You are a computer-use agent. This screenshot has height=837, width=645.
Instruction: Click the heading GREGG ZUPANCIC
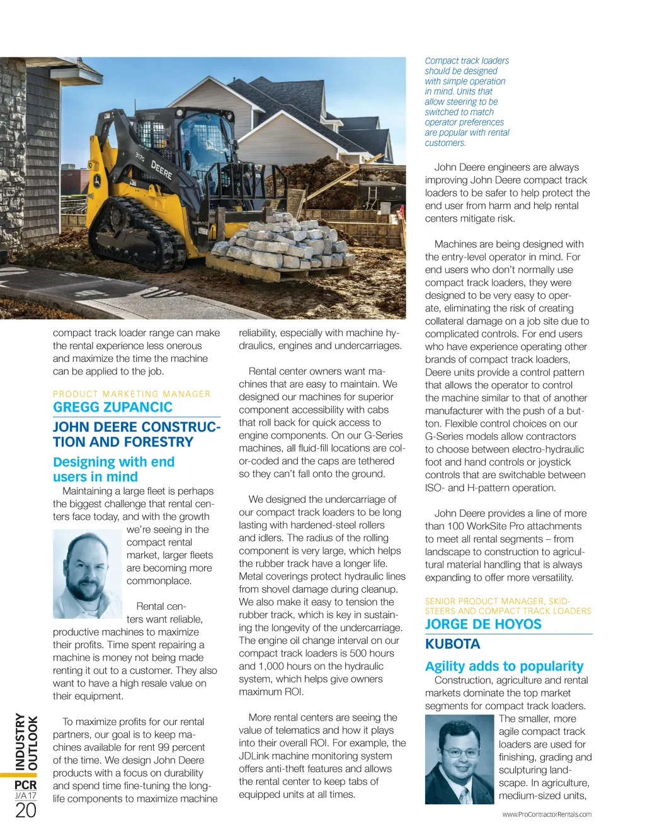tap(113, 407)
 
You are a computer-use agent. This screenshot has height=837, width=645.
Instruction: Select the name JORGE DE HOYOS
tap(483, 624)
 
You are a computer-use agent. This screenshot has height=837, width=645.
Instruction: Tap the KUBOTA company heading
tap(452, 644)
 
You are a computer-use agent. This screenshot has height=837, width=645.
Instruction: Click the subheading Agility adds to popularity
tap(504, 666)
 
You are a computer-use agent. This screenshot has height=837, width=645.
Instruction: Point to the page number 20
tap(26, 811)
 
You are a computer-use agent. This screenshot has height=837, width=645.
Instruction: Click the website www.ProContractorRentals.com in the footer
tap(547, 814)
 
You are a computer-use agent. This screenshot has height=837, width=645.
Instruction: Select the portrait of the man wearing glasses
tap(459, 759)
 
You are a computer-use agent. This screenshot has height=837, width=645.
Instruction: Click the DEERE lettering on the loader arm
tap(161, 170)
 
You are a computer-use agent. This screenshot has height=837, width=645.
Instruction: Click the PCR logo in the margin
tap(26, 785)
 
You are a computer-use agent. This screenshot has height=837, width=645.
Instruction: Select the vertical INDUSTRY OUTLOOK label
tap(26, 741)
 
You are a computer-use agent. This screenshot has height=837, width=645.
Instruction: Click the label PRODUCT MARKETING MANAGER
tap(132, 394)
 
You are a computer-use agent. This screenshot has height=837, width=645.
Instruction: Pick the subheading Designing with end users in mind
tap(113, 469)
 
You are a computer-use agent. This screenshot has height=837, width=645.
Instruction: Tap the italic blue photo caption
tap(467, 102)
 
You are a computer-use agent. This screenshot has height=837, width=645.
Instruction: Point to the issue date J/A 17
tap(26, 795)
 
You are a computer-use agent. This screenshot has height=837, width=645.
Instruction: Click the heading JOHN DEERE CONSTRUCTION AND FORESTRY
tap(136, 434)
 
